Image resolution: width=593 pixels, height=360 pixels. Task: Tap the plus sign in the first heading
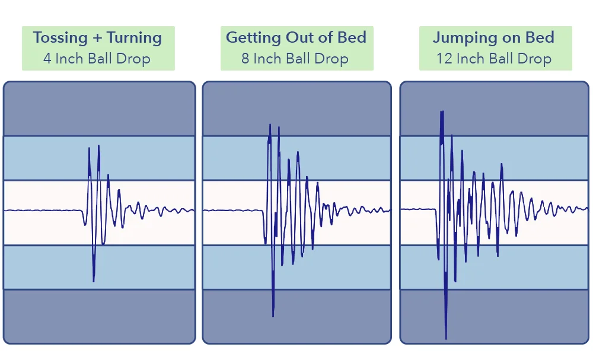pos(98,39)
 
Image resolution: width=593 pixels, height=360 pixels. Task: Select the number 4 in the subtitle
pos(47,59)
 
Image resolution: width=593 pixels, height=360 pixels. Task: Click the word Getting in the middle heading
pos(254,38)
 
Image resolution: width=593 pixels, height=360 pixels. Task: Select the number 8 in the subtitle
pos(246,59)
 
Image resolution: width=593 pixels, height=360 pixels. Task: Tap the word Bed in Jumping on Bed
pos(539,38)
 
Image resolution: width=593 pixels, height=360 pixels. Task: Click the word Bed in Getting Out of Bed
pos(352,37)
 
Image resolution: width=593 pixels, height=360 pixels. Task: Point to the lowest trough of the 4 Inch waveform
pos(94,281)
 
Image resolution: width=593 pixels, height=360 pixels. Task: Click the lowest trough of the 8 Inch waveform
pos(273,315)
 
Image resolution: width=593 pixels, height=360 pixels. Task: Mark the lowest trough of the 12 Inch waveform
pos(445,337)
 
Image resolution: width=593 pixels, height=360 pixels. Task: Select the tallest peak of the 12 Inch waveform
pos(442,111)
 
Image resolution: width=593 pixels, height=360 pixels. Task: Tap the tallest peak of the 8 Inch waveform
pos(270,125)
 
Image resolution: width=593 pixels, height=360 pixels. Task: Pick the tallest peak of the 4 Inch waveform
pos(98,146)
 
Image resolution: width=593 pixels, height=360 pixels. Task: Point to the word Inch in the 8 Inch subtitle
pos(269,59)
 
